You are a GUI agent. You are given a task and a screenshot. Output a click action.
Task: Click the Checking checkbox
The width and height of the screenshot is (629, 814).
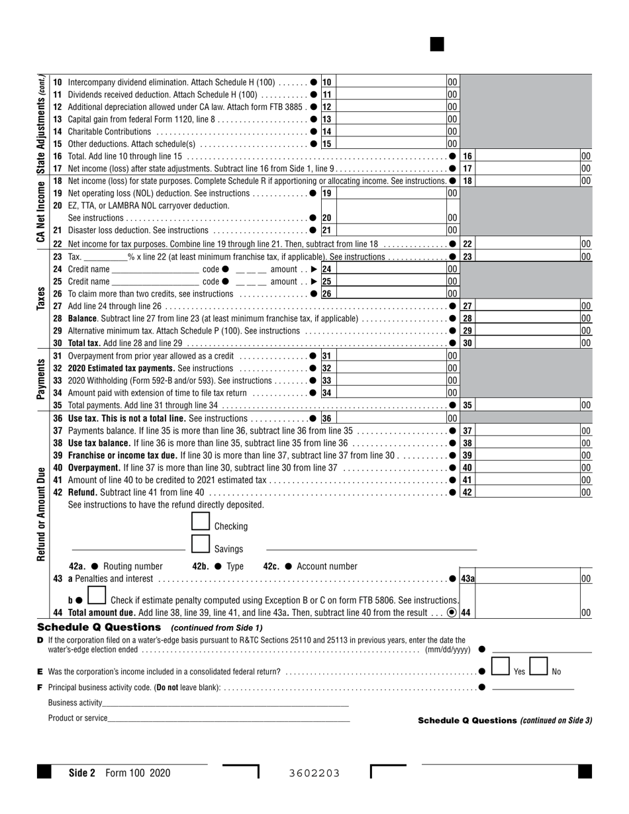point(201,521)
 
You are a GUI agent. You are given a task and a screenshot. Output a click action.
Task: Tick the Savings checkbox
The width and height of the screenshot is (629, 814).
point(201,544)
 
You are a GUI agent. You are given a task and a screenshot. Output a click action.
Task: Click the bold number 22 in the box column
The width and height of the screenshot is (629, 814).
point(467,244)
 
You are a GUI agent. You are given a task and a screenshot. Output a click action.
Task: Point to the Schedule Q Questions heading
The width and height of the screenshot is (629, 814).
point(99,627)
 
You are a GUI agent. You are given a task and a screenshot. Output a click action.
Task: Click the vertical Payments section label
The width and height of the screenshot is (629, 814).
point(41,379)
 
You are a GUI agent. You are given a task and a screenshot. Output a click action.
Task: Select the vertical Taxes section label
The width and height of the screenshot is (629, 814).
point(41,298)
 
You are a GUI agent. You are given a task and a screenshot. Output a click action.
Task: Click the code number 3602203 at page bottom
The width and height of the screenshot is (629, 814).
point(314,773)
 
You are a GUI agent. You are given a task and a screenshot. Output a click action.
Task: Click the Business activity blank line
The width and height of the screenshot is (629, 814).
point(225,703)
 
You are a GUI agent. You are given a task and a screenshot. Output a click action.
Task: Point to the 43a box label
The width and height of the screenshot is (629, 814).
point(467,579)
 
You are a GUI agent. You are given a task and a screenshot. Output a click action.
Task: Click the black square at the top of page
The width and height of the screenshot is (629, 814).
point(437,44)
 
